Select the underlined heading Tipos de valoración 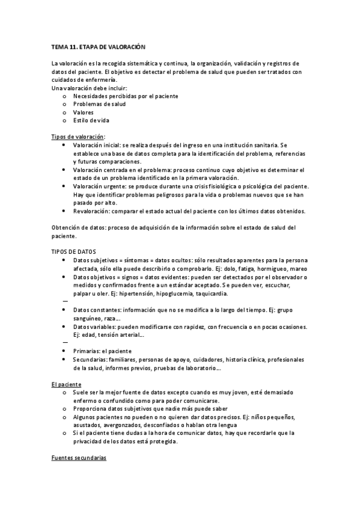[x=78, y=137]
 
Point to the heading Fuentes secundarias [x=78, y=458]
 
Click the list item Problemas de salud [x=99, y=104]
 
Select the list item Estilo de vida [x=91, y=120]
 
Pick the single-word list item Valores [x=84, y=112]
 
